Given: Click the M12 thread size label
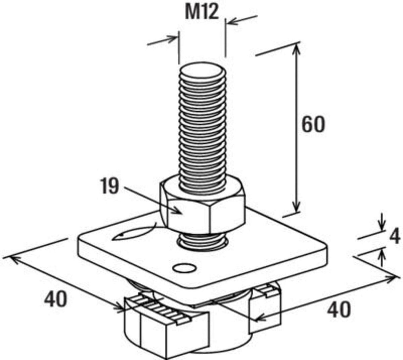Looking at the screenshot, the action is pyautogui.click(x=202, y=12).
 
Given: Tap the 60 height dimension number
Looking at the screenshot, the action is pyautogui.click(x=313, y=125).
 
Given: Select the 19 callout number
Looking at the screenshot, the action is pyautogui.click(x=109, y=186).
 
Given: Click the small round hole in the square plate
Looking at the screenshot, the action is pyautogui.click(x=184, y=268).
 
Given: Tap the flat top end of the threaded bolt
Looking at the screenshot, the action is pyautogui.click(x=202, y=71).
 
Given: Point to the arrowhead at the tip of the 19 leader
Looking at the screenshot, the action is pyautogui.click(x=178, y=211).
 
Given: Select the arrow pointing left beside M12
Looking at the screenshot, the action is pyautogui.click(x=242, y=20).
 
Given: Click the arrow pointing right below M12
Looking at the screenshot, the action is pyautogui.click(x=162, y=40).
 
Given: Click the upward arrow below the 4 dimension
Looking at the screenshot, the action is pyautogui.click(x=382, y=257).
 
